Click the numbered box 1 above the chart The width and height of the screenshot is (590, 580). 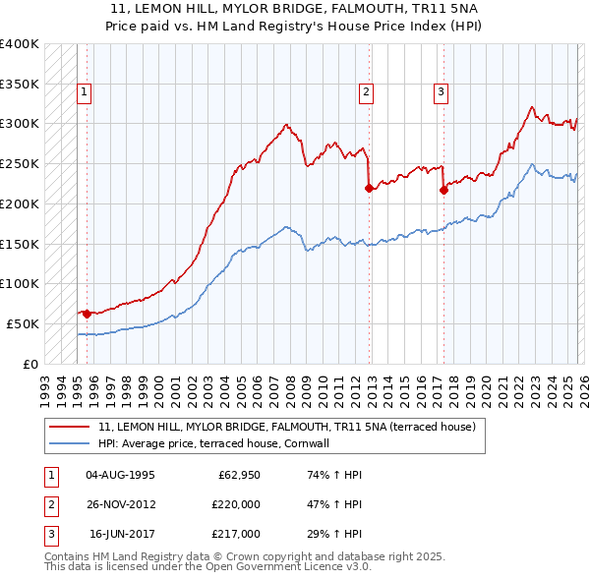point(85,93)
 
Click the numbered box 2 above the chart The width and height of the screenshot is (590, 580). point(366,93)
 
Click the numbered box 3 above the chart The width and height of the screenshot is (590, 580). point(441,93)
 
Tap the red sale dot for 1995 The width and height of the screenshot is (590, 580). point(87,314)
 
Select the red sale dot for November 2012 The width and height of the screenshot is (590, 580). point(370,188)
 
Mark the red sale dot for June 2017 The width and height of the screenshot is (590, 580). point(443,190)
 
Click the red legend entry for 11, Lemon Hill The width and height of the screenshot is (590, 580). point(287,427)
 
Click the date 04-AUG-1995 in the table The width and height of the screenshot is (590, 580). point(121,475)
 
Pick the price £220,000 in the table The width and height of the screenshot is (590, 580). point(236,504)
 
